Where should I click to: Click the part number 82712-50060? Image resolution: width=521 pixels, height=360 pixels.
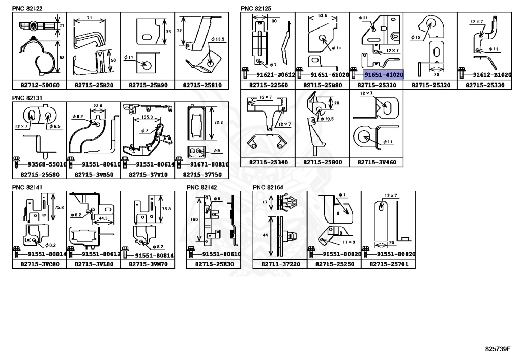coord(39,86)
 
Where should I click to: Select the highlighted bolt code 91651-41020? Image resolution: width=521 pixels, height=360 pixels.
coord(383,74)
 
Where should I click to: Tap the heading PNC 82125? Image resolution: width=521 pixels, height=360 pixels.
coord(256,8)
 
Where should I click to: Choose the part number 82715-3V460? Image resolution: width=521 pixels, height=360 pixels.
coord(375,162)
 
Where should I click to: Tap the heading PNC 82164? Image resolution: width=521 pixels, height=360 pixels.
coord(268,187)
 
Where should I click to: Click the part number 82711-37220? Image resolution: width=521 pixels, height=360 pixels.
coord(280,264)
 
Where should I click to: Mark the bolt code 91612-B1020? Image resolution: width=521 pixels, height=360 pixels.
coord(493,74)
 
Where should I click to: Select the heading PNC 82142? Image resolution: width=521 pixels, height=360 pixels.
coord(202,187)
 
